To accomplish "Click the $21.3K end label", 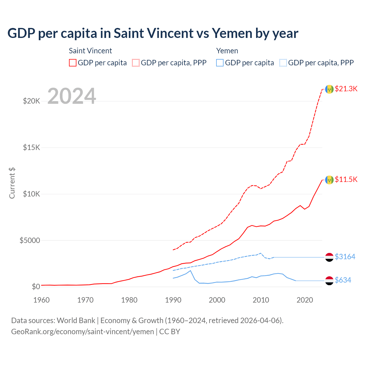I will pos(346,89).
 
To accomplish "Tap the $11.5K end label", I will pos(346,179).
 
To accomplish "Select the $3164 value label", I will pos(345,257).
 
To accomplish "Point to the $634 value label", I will pos(343,280).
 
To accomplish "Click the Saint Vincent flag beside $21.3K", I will pos(329,89).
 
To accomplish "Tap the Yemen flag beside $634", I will pos(329,281).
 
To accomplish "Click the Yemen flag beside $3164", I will pos(329,257).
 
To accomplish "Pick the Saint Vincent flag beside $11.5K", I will pos(329,180).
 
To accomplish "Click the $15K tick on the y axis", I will pos(31,147).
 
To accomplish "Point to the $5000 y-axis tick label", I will pos(30,240).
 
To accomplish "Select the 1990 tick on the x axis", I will pos(173,300).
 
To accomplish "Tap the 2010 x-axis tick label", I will pos(261,300).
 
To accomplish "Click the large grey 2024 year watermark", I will pos(72,96).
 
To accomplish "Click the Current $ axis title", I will pos(12,183).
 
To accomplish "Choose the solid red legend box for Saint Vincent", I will pos(73,63).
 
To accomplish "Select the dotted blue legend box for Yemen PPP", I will pos(283,63).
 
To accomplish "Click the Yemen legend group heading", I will pos(227,51).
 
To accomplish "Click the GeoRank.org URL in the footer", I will pos(82,332).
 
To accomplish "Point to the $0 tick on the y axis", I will pos(36,287).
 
